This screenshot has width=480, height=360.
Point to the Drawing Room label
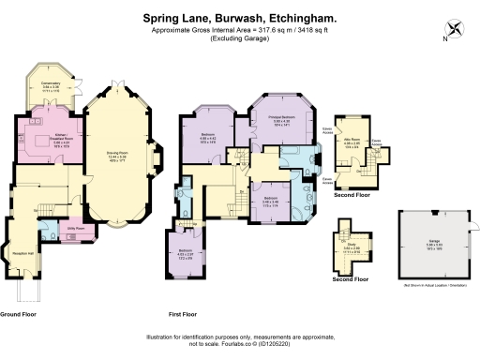pos(117,156)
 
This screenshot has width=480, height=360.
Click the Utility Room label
pos(75,228)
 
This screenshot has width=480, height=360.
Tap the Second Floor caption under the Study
pos(350,279)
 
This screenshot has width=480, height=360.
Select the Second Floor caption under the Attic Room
pos(352,195)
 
